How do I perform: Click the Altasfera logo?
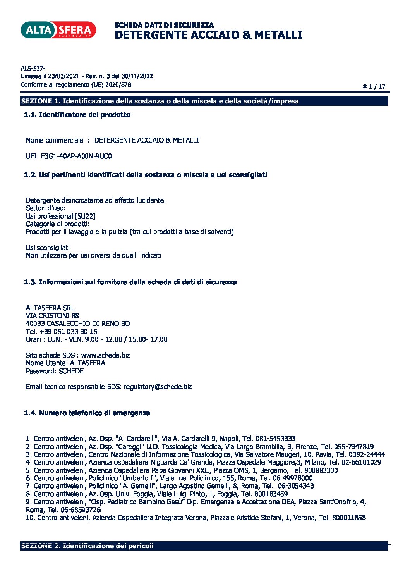coord(58,30)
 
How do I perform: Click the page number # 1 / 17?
coord(374,86)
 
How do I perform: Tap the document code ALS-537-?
coord(33,68)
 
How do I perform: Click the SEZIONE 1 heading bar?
coord(204,101)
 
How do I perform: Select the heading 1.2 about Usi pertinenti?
coord(145,175)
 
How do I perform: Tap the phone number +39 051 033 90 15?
coord(68,332)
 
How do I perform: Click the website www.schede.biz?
coord(105,355)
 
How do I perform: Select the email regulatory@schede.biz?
coord(158,387)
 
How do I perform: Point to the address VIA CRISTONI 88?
coord(52,316)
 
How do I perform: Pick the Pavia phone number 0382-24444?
coord(366,454)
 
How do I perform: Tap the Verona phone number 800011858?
coord(348,518)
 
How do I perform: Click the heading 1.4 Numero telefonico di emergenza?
coord(87,413)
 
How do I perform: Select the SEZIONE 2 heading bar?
coord(204,546)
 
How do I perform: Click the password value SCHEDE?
coord(71,371)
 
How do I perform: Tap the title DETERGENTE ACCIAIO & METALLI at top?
coord(208,35)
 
